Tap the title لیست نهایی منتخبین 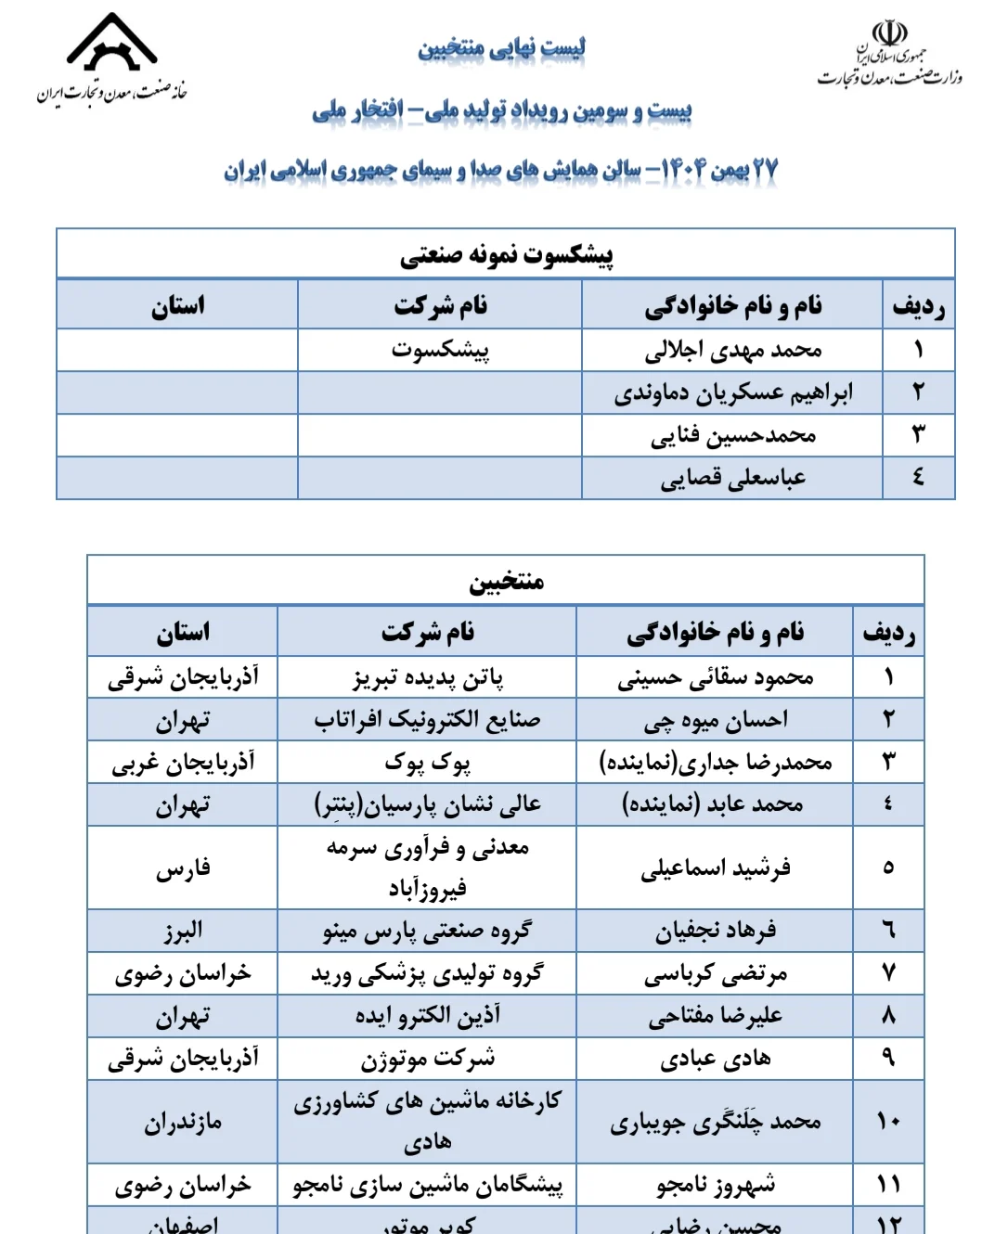(501, 47)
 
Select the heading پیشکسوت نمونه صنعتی (506, 254)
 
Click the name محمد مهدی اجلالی (733, 351)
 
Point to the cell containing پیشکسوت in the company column (440, 351)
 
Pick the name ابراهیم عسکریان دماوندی (733, 393)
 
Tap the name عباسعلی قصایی (733, 479)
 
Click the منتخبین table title (506, 582)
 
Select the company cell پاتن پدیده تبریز (428, 678)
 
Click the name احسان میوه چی (716, 720)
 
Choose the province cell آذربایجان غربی (183, 763)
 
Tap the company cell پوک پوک (428, 763)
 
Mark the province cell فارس (183, 868)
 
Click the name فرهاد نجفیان (716, 931)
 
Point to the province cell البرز (183, 931)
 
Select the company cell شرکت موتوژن (428, 1059)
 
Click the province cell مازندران (183, 1123)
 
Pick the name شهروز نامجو (716, 1185)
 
